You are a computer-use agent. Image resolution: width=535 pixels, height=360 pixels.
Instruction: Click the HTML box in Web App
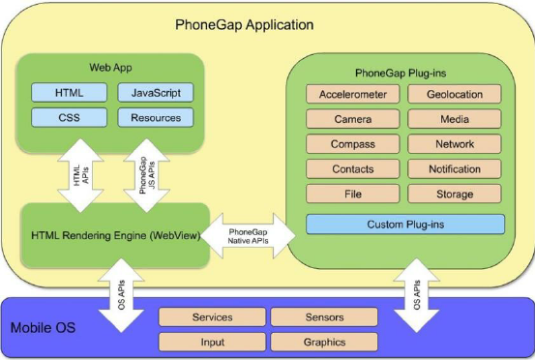69,93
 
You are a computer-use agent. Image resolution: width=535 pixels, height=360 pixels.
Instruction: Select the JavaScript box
155,93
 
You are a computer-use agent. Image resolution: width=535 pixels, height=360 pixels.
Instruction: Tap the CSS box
69,118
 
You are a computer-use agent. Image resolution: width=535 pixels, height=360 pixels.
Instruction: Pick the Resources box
155,118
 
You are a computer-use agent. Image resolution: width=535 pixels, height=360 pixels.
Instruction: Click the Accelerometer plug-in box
352,95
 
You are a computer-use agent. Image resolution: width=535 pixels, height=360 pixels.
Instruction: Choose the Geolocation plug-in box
454,95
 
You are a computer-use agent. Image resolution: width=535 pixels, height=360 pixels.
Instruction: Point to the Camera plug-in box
352,119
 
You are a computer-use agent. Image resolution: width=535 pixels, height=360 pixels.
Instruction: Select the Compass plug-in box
352,144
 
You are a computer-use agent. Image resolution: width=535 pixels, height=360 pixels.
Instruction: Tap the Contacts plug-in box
352,169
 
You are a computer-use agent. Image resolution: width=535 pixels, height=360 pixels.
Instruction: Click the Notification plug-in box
454,169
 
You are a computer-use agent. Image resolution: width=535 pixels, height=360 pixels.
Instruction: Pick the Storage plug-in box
454,194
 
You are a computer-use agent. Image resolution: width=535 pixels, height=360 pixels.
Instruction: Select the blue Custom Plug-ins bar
404,225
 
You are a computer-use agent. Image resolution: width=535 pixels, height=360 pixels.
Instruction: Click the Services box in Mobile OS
212,317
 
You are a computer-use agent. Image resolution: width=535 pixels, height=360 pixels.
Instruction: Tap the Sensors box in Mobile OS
322,317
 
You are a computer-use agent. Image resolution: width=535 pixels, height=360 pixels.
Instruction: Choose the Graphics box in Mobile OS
322,342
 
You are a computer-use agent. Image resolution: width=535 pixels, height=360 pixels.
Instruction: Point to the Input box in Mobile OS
212,342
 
